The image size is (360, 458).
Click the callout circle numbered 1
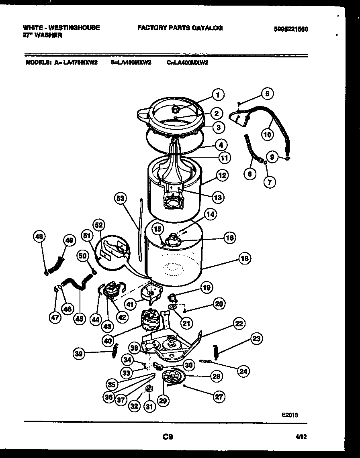coord(217,96)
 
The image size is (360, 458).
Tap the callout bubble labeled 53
coord(120,197)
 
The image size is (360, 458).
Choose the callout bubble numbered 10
coord(267,134)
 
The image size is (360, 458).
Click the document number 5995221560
coord(291,29)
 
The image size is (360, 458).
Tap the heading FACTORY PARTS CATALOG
coord(180,28)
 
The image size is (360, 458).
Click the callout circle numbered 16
coord(229,238)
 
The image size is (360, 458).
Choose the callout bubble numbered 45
coord(79,319)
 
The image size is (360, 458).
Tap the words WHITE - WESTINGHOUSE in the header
coord(61,28)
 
